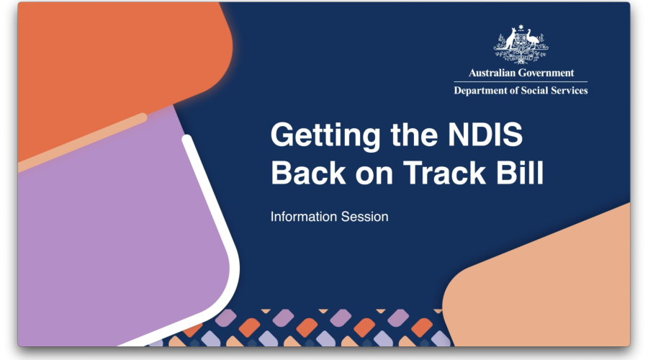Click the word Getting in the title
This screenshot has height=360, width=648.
click(x=325, y=135)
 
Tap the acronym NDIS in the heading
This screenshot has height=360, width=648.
click(x=485, y=134)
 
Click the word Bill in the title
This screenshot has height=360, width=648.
click(x=520, y=172)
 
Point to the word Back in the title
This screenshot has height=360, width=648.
click(x=308, y=172)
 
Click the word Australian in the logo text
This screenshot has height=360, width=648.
click(x=492, y=73)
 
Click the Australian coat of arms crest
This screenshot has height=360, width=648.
click(x=521, y=44)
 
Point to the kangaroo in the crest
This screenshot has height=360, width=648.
click(x=509, y=40)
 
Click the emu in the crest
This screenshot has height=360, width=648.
click(x=533, y=40)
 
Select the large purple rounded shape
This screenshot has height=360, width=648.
click(x=120, y=231)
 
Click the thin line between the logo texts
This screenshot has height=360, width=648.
click(x=521, y=82)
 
